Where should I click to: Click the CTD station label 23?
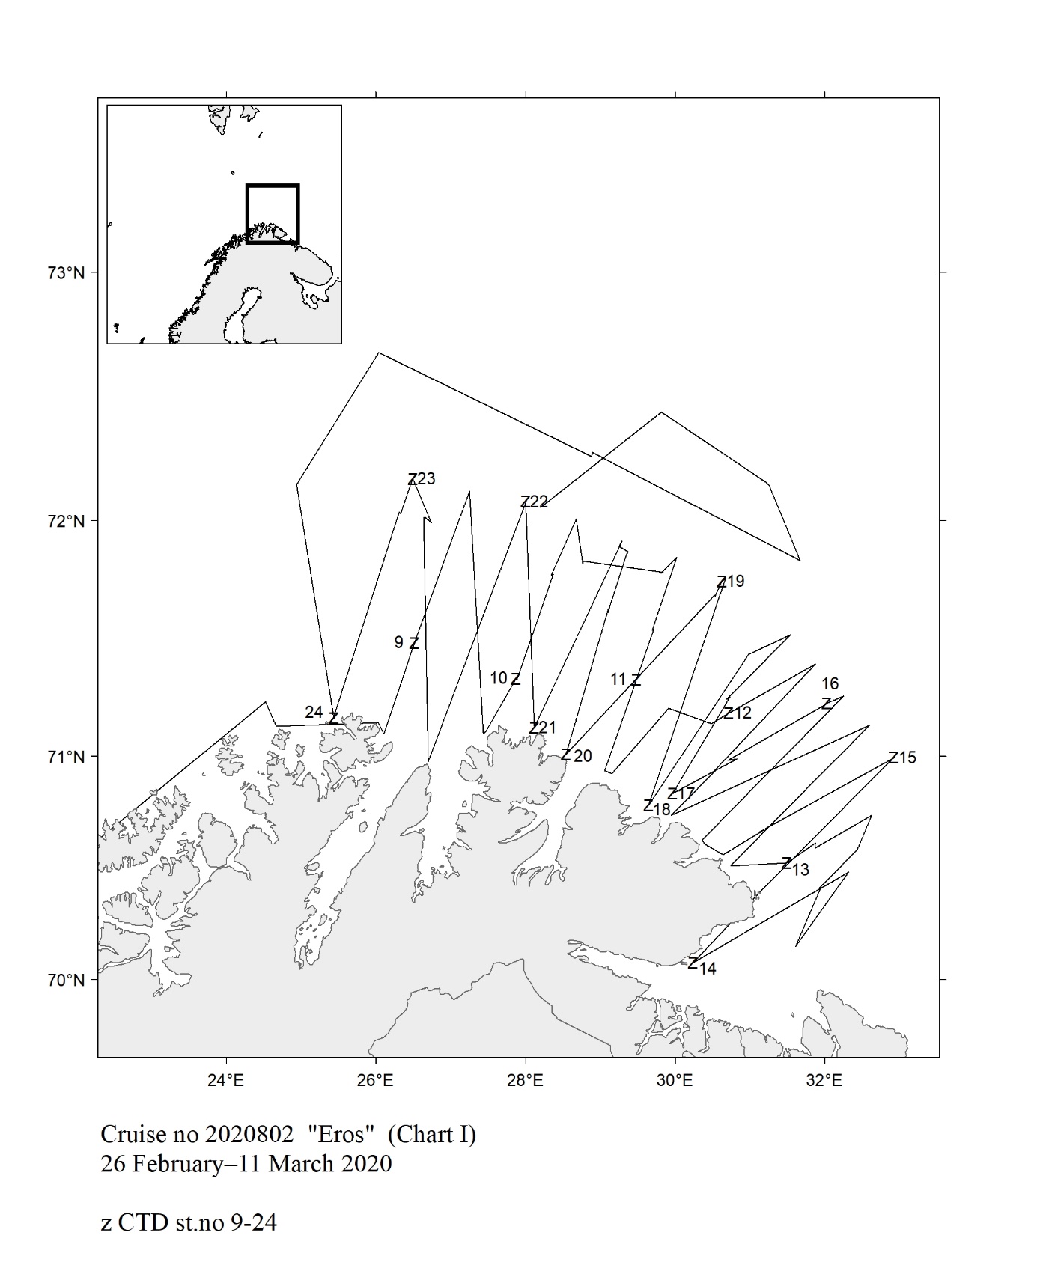tap(426, 478)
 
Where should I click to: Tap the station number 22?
tap(539, 502)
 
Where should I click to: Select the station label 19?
tap(736, 581)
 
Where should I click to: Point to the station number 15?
tap(907, 758)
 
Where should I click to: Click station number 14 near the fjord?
tap(708, 969)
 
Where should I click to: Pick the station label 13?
tap(801, 870)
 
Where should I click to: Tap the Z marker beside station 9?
tap(414, 643)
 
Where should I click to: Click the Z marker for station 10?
tap(516, 680)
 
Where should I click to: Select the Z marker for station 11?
tap(636, 680)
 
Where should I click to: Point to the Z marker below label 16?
tap(827, 704)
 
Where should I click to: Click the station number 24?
tap(314, 712)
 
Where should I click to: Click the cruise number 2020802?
tap(246, 1136)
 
